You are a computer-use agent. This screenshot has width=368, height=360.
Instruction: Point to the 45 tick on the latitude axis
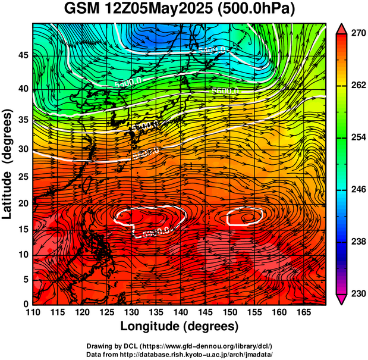22,55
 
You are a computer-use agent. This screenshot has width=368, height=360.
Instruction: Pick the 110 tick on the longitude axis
33,313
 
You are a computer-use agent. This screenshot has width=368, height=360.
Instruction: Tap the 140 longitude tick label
180,313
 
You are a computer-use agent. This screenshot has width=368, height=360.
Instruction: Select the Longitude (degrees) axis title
180,327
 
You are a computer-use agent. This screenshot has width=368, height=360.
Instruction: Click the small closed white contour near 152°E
244,218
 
